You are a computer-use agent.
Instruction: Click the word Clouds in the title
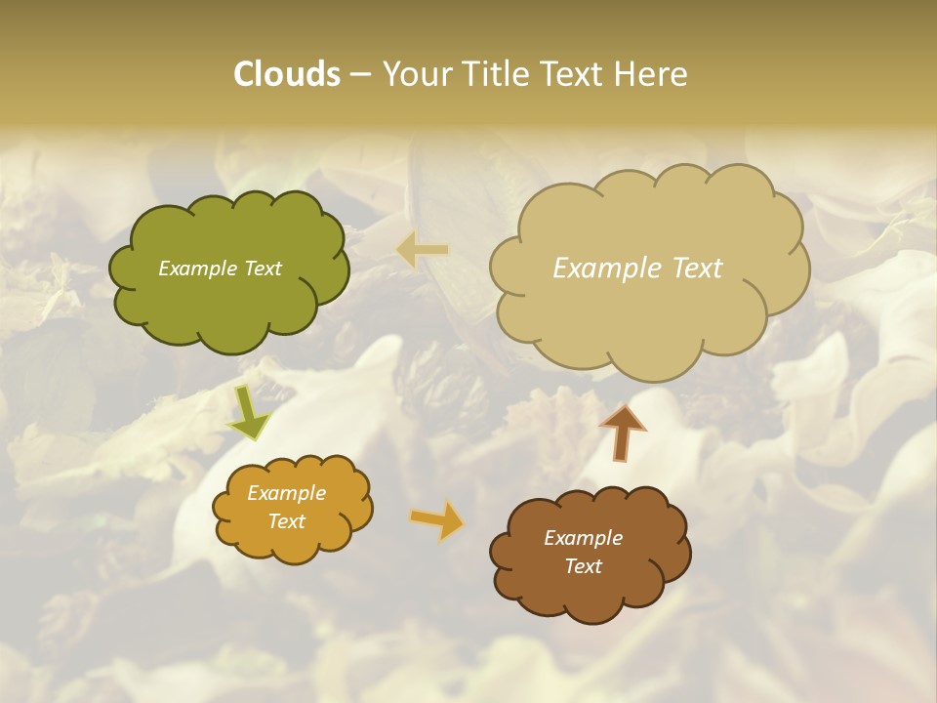click(286, 74)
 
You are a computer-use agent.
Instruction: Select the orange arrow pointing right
click(436, 519)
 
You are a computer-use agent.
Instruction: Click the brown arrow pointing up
click(623, 433)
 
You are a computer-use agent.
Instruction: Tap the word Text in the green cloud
click(263, 269)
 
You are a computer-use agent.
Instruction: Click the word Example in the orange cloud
click(286, 493)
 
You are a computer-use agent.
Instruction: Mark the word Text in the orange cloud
click(286, 521)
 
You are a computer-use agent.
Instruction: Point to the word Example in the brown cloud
click(583, 538)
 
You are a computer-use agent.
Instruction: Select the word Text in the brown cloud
click(583, 566)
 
